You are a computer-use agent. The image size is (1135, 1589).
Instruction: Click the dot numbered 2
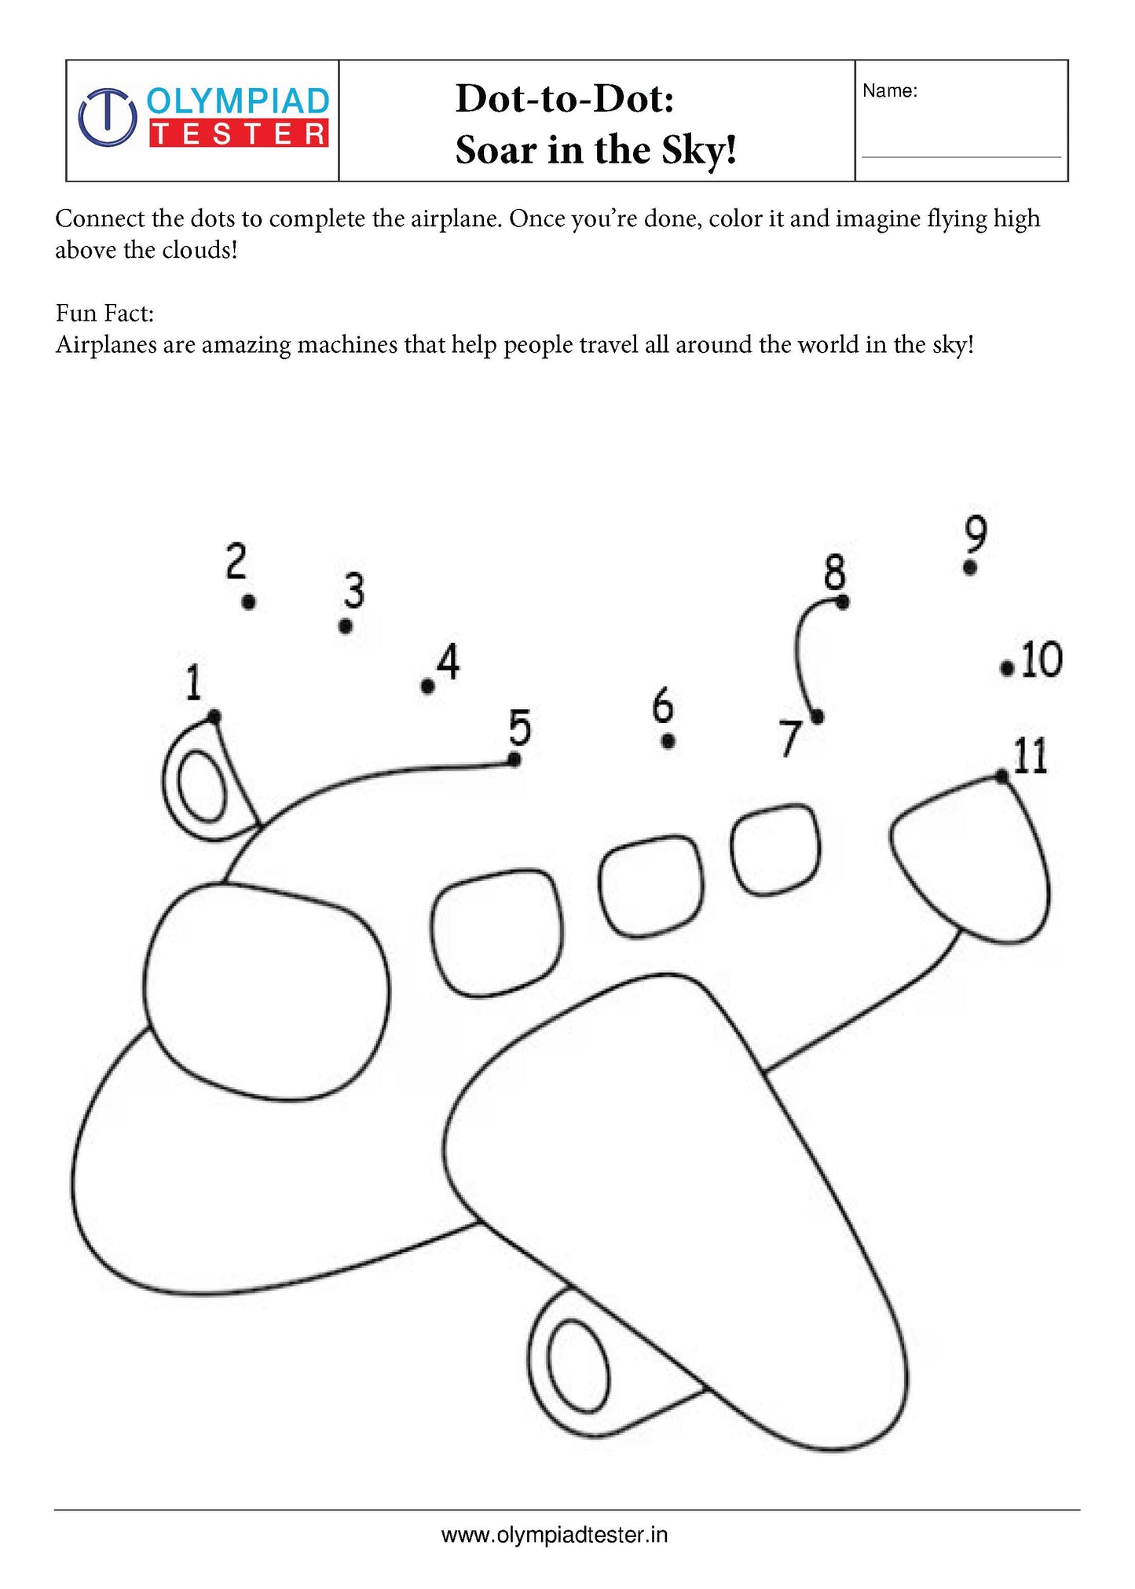coord(249,602)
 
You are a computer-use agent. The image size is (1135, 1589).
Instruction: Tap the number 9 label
coord(975,535)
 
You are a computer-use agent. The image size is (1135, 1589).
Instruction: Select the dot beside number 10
coord(1007,668)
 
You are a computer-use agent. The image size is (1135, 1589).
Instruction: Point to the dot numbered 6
coord(668,741)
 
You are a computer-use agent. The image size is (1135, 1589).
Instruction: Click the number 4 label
coord(449,662)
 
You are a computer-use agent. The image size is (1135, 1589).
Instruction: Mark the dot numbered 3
coord(346,626)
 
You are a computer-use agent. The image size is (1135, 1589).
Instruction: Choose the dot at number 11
coord(1002,776)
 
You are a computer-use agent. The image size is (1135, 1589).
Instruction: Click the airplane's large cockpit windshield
coord(267,990)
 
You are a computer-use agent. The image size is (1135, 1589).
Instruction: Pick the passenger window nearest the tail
coord(776,849)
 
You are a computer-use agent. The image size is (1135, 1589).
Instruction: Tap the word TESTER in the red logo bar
coord(238,134)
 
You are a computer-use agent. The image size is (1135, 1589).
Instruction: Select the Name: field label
coord(889,91)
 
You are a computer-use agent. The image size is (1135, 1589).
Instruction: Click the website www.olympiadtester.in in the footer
coord(555,1535)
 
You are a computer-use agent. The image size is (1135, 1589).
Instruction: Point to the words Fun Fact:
coord(104,314)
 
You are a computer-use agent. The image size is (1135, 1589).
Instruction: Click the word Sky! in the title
coord(698,150)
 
